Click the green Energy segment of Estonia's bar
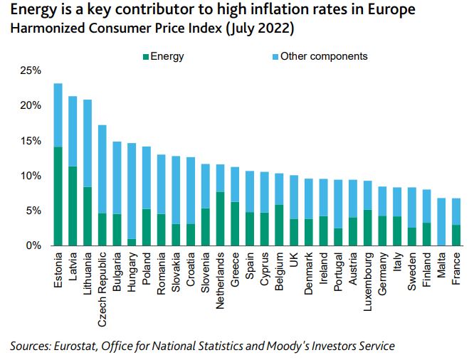coord(58,196)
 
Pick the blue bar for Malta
coord(441,221)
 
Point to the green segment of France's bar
coord(456,235)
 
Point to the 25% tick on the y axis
coord(31,70)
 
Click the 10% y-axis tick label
coord(31,176)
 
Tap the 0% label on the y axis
coord(33,245)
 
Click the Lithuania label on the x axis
coord(88,270)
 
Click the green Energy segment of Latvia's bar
coord(73,206)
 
